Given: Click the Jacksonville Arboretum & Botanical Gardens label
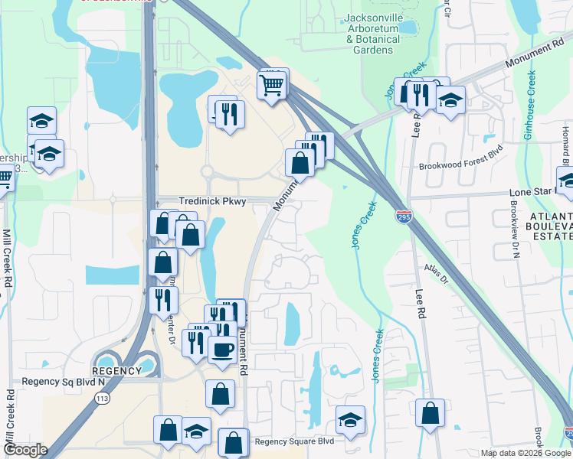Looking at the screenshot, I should point(373,34).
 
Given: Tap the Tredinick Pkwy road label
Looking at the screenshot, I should point(212,200).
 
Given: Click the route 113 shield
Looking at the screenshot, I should point(101,398).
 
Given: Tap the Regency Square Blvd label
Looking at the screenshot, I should point(295,441).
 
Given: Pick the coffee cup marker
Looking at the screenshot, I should point(222,349).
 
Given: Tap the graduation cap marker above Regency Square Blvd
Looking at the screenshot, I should point(350,420).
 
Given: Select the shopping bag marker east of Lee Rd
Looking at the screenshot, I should point(431,412).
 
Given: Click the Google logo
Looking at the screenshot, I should point(25,450).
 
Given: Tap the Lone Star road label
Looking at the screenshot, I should point(529,194).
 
